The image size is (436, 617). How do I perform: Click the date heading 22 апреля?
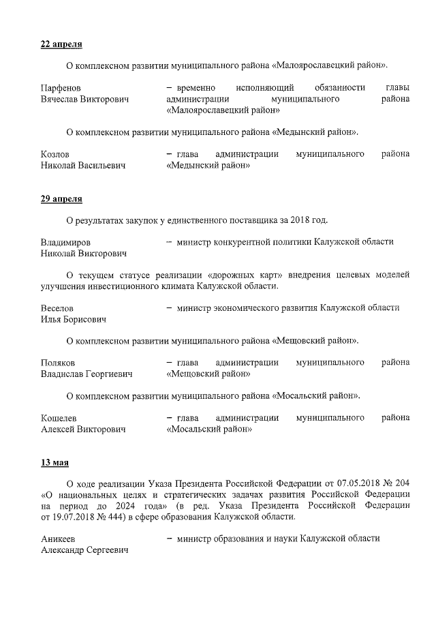tap(61, 44)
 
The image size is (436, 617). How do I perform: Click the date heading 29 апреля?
tap(61, 199)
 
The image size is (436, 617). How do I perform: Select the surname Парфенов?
tap(61, 88)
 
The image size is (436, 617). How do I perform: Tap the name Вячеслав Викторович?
tap(84, 100)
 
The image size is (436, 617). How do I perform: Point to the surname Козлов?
tap(55, 154)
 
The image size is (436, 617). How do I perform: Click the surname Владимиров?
tap(65, 242)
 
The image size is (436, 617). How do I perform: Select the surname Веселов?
tap(57, 308)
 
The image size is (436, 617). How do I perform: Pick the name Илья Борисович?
tap(73, 319)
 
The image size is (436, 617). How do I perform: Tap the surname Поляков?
tap(58, 363)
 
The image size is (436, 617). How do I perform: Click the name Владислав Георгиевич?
tap(87, 374)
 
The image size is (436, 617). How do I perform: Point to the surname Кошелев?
tap(59, 418)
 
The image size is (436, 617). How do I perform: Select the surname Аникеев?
tap(58, 539)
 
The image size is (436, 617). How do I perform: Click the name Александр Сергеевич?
tap(84, 550)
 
